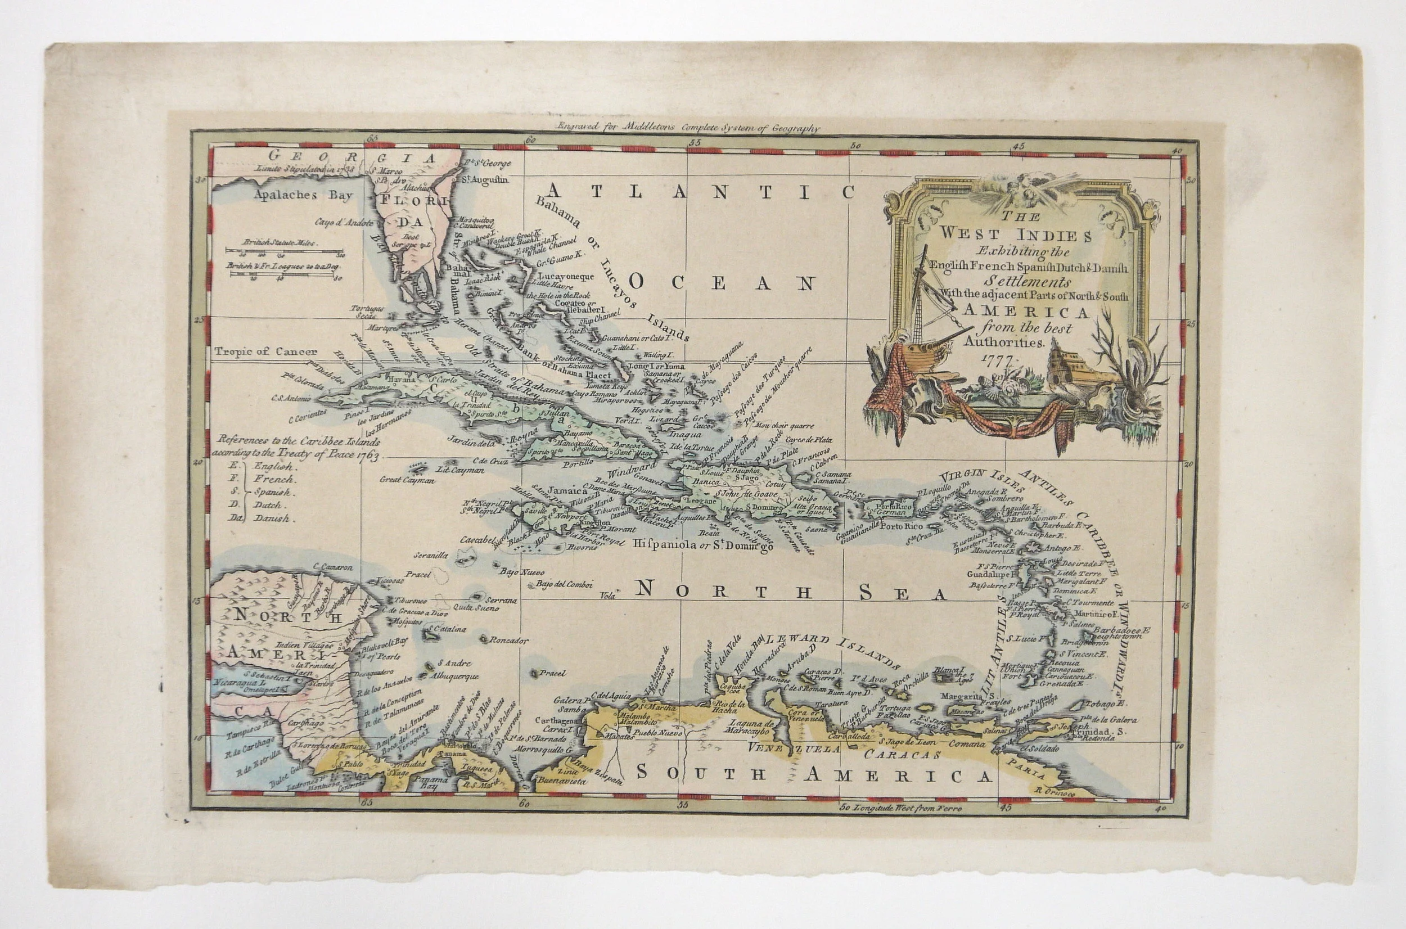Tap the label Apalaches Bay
coord(303,195)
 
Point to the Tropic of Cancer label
coord(265,351)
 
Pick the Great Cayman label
coord(407,480)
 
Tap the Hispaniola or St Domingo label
coord(704,545)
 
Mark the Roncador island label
coord(508,641)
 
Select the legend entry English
coord(273,466)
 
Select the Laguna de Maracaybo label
coord(751,727)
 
